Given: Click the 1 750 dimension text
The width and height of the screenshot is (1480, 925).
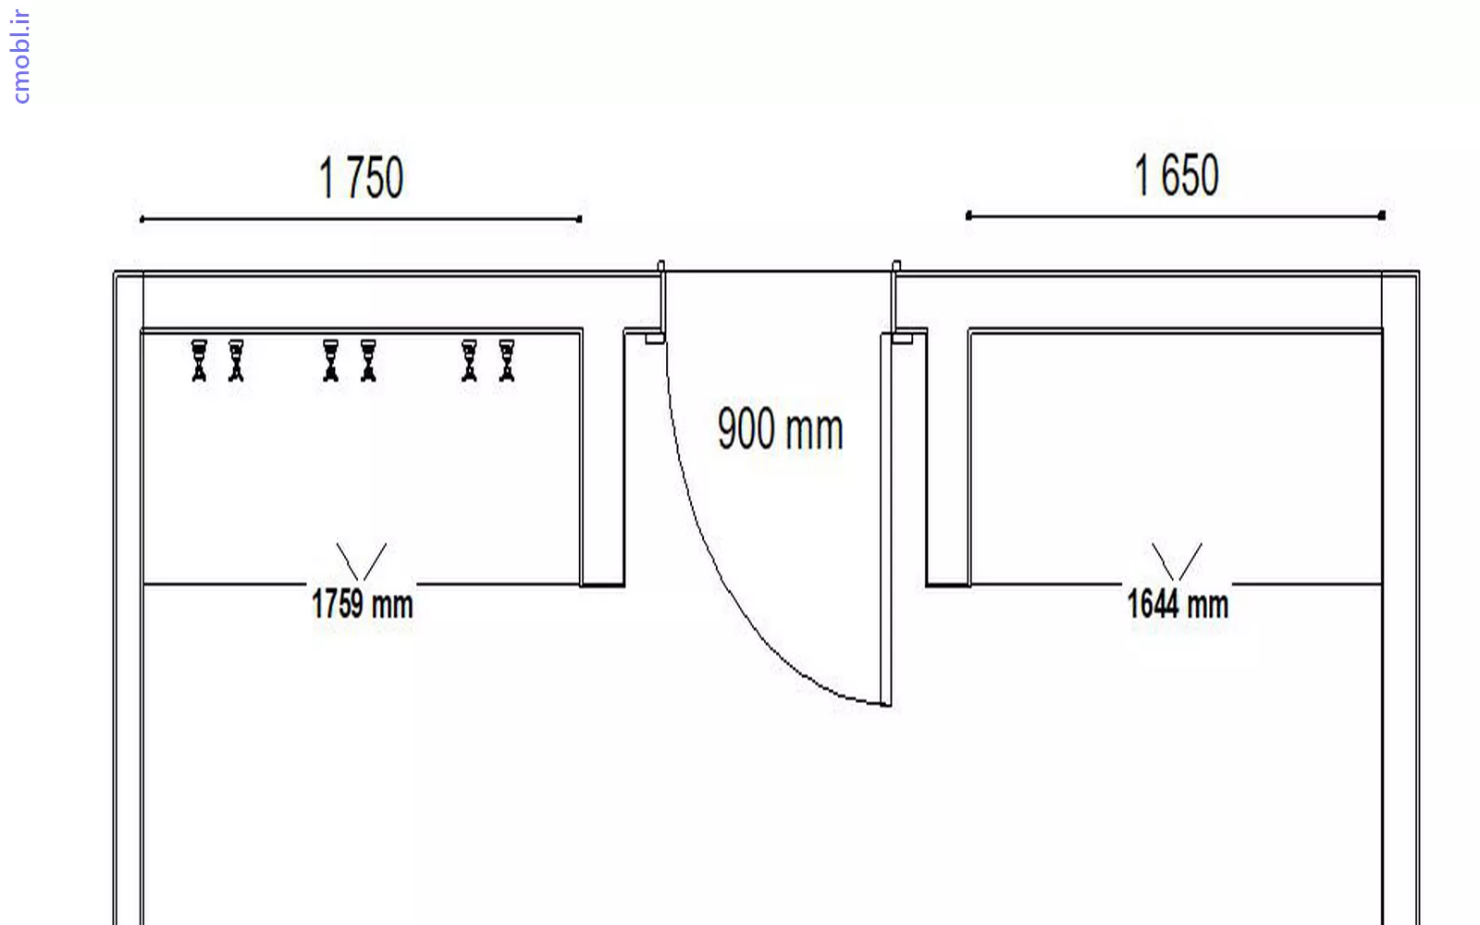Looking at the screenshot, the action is coord(361,178).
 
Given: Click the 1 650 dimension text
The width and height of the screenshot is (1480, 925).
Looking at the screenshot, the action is coord(1176,175).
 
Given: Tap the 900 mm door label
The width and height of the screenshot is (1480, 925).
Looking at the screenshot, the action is coord(781,429).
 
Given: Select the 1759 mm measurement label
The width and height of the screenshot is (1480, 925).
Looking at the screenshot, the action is coord(362,604).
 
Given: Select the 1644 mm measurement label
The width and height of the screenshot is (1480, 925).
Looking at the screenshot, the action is coord(1178,604).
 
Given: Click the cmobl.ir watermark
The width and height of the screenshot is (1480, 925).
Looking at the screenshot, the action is coord(21,56).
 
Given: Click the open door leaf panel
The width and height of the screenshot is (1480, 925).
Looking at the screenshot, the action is coord(885,519).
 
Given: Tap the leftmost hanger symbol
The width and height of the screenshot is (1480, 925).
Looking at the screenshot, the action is coord(199,361).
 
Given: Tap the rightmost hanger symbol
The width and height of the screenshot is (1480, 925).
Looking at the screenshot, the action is coord(507,361).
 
